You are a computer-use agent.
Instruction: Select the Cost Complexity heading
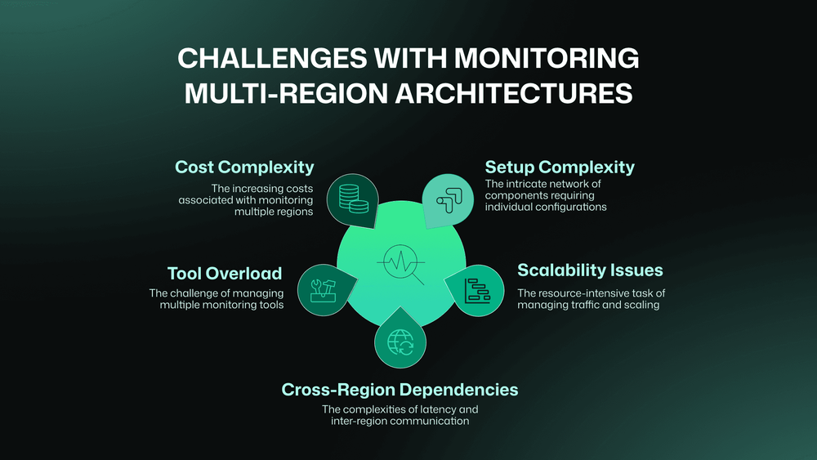[x=244, y=167]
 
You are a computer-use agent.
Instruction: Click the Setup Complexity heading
[x=560, y=167]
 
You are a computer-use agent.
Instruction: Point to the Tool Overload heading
[x=225, y=273]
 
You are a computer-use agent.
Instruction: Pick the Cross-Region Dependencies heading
[x=400, y=390]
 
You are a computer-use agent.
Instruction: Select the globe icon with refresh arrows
[x=400, y=339]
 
